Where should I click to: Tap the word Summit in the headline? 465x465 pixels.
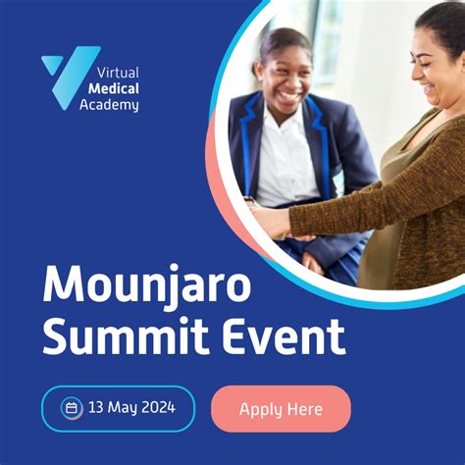coord(127,337)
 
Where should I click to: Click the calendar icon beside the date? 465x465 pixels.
coord(71,408)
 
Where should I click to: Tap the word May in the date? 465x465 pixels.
coord(122,409)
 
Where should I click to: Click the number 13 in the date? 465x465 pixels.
coord(96,408)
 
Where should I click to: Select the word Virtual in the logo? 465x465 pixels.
coord(118,73)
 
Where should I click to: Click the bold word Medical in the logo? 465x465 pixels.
coord(114,88)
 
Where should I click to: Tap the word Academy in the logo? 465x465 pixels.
coord(109,105)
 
